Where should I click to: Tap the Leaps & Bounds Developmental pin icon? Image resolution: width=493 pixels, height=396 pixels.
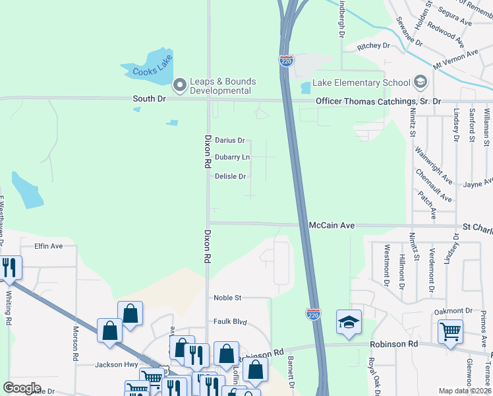coord(179,85)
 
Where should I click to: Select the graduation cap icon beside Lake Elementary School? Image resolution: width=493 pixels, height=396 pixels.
coord(419,82)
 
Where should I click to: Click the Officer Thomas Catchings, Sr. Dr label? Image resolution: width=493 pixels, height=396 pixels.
coord(378,101)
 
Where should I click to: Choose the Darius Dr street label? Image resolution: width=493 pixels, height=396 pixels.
coord(230,141)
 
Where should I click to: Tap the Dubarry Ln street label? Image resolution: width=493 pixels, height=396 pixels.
coord(232,157)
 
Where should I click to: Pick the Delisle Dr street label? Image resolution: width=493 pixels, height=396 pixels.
coord(231,176)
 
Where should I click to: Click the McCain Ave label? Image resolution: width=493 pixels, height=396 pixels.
coord(332,226)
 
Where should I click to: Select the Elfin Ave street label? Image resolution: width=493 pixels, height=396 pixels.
coord(48,246)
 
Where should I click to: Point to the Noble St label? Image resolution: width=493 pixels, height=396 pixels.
coord(228,298)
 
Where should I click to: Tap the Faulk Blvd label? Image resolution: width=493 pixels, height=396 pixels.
coord(230,322)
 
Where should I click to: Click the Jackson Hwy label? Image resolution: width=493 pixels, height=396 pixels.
coord(116,364)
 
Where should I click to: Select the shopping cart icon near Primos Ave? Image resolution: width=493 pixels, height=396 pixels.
coord(450,331)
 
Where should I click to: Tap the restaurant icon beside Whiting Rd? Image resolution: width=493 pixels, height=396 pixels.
coord(9,268)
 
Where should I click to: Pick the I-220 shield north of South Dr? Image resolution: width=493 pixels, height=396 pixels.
coord(286,61)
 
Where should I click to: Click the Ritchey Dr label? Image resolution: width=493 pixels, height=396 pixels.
coord(374,47)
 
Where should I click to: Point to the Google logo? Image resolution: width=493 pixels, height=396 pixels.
coord(22,388)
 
